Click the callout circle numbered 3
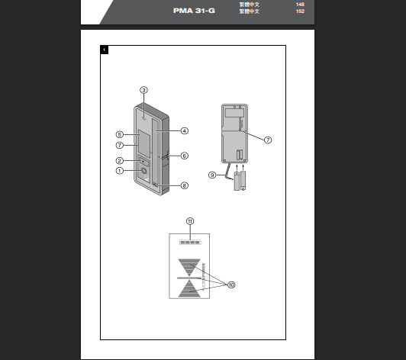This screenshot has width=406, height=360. pyautogui.click(x=143, y=90)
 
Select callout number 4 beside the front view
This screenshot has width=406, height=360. pyautogui.click(x=185, y=130)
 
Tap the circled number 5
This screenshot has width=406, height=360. pyautogui.click(x=120, y=134)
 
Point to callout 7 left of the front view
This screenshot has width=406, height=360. pyautogui.click(x=120, y=145)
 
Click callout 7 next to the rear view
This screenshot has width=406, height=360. pyautogui.click(x=267, y=140)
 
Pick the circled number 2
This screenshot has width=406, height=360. pyautogui.click(x=120, y=160)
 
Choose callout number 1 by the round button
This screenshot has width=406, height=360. pyautogui.click(x=120, y=171)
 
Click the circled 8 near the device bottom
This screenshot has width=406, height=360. pyautogui.click(x=185, y=185)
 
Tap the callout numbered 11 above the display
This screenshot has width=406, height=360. pyautogui.click(x=190, y=221)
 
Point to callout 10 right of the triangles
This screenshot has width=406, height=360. pyautogui.click(x=230, y=284)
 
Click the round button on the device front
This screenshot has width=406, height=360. pyautogui.click(x=144, y=172)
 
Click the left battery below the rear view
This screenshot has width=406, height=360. pyautogui.click(x=237, y=182)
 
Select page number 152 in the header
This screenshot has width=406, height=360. pyautogui.click(x=300, y=11)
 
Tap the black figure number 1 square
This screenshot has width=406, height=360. pyautogui.click(x=104, y=50)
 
